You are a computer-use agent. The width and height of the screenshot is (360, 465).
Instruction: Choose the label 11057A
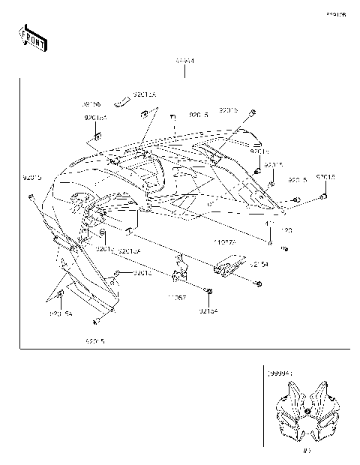click(225, 242)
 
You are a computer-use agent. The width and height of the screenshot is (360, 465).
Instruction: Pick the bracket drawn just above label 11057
click(180, 270)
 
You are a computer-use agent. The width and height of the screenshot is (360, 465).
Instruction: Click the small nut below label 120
click(285, 247)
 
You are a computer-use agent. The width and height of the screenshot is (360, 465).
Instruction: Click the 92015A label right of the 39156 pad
click(145, 94)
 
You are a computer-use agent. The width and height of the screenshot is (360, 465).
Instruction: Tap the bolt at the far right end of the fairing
click(323, 196)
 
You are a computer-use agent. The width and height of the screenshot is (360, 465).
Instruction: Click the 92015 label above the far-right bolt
click(325, 178)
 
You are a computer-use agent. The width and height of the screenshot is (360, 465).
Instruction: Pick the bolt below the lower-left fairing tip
click(96, 322)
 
